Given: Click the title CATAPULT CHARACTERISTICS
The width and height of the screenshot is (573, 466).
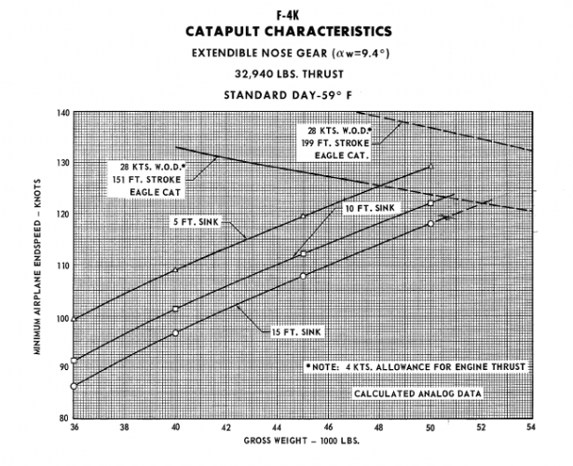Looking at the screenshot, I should click(286, 32).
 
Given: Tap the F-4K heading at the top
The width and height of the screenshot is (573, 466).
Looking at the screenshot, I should click(285, 11).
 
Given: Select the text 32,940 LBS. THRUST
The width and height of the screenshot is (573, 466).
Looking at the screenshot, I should click(285, 74).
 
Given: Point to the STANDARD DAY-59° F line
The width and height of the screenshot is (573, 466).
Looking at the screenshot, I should click(285, 93).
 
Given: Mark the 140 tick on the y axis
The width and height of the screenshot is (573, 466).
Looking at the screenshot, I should click(62, 112).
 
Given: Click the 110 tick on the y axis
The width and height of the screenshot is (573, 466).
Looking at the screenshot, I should click(62, 265).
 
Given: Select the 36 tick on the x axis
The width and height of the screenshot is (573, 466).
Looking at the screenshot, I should click(75, 428).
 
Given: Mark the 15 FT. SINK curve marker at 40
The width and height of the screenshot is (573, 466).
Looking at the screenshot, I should click(175, 333).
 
